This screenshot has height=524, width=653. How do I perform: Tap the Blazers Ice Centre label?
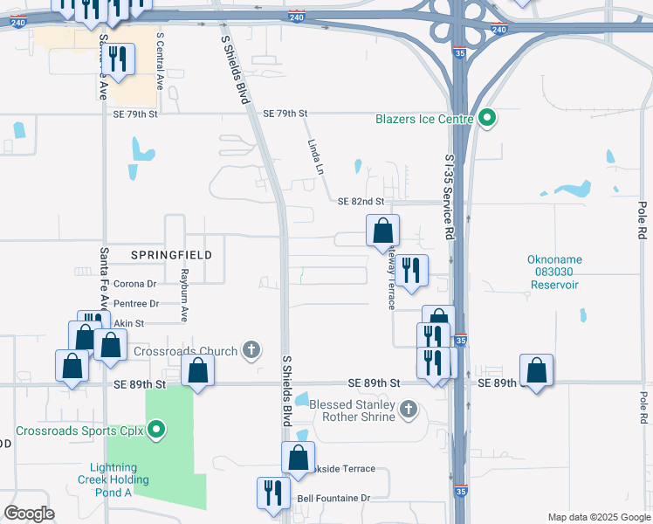click(x=424, y=119)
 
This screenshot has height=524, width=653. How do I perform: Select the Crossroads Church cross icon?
click(x=251, y=351)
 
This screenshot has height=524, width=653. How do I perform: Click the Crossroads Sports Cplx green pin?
click(x=156, y=429)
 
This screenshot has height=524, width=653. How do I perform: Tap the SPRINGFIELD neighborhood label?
click(x=171, y=254)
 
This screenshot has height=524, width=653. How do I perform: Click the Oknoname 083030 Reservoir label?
click(x=553, y=272)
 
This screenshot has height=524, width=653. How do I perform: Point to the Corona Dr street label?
click(x=134, y=284)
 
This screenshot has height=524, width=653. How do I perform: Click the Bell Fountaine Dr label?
click(x=334, y=498)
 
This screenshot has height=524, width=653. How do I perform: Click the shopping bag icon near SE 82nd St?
click(x=382, y=232)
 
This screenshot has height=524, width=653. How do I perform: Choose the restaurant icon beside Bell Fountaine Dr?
click(x=274, y=493)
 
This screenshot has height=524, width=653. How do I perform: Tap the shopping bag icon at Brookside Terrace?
click(x=298, y=457)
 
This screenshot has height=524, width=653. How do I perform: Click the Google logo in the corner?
click(x=29, y=514)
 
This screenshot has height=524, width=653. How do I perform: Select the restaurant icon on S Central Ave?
click(x=117, y=59)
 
